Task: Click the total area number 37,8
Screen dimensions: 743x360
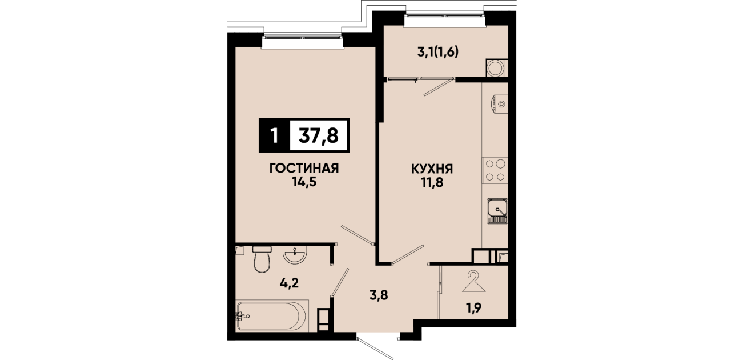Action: [x=319, y=135]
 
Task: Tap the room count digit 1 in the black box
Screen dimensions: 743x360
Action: [x=274, y=135]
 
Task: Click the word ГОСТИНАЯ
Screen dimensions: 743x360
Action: [x=304, y=169]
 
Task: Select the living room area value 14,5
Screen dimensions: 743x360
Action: [x=304, y=182]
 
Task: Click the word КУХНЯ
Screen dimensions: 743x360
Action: [x=432, y=169]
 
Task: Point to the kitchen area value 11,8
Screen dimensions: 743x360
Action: [x=432, y=182]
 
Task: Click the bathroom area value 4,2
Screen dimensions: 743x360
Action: [x=289, y=283]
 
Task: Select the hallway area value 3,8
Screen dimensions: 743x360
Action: [x=379, y=295]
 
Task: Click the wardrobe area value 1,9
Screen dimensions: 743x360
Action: [x=474, y=308]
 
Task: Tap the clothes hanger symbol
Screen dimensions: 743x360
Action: [x=473, y=281]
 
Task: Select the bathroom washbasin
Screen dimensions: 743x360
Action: [x=295, y=255]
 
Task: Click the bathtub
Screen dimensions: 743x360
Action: [x=272, y=315]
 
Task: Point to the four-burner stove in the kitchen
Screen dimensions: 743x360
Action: [x=495, y=170]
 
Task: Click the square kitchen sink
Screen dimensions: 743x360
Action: [x=497, y=211]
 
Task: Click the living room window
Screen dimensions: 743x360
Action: [x=302, y=41]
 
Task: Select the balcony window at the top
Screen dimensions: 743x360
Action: [x=444, y=19]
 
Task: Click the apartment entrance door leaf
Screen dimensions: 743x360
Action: [x=375, y=349]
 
